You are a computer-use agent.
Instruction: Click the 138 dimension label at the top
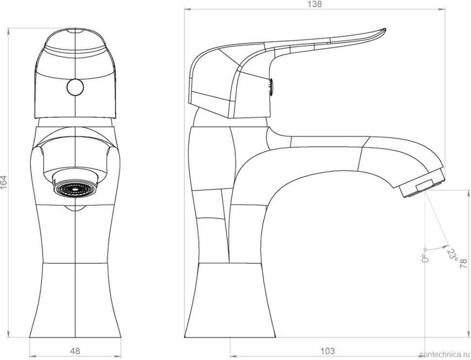(x=315, y=4)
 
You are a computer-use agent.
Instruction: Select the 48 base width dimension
(x=75, y=351)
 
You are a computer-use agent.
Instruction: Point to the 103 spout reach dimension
(x=327, y=351)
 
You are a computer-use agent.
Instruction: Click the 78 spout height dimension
(x=464, y=264)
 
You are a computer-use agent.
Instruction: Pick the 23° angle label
(x=452, y=255)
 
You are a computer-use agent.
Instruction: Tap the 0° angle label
(x=425, y=258)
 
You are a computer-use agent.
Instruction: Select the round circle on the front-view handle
(x=75, y=87)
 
